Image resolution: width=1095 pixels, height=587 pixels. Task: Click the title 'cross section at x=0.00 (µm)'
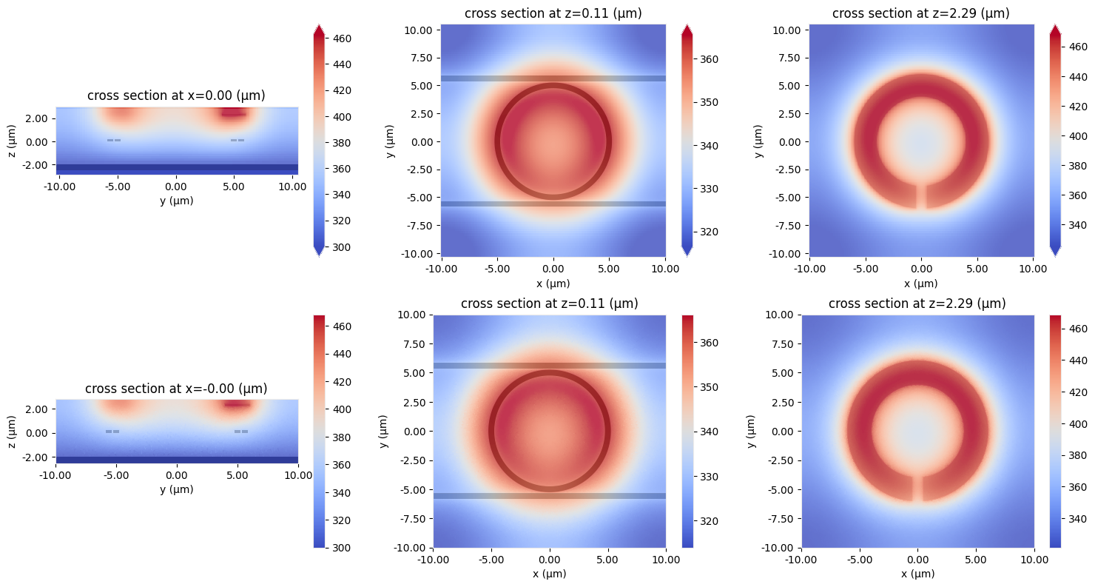176,95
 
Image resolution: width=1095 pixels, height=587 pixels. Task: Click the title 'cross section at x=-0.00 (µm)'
176,389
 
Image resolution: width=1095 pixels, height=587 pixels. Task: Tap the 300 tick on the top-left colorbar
342,247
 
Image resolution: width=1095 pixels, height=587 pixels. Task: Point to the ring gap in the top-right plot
921,196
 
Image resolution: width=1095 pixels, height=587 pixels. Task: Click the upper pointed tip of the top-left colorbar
318,29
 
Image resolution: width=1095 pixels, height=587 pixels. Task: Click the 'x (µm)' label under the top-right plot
921,283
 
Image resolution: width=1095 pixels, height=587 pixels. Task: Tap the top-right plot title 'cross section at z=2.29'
920,13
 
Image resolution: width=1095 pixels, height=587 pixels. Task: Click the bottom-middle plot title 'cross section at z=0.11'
549,303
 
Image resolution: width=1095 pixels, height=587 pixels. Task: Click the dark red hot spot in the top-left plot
234,113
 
